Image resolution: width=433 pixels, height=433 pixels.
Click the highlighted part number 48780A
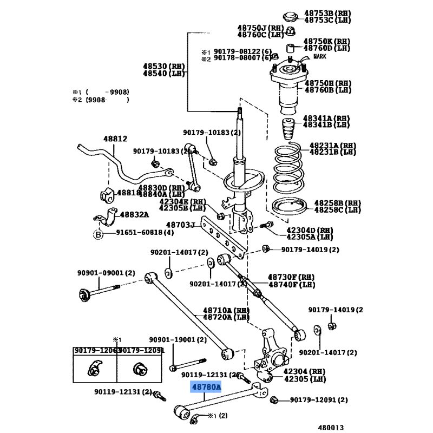[x=206, y=387]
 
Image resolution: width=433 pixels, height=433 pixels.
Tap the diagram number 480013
[x=330, y=427]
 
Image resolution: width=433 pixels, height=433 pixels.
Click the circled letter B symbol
[x=98, y=234]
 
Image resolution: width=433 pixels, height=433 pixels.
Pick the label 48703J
[x=180, y=225]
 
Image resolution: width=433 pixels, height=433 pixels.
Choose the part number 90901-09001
[x=100, y=273]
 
